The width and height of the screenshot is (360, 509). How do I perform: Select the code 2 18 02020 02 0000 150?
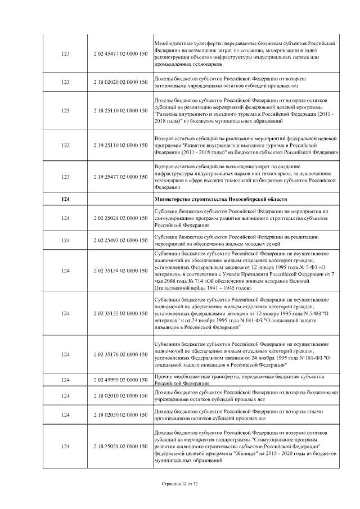click(120, 83)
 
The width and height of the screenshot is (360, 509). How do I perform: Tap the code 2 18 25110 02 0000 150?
click(120, 112)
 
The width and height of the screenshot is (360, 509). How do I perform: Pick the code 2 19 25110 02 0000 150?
click(120, 145)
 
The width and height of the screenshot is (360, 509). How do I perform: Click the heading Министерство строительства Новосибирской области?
click(220, 200)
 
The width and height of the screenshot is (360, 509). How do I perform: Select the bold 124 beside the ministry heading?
click(65, 200)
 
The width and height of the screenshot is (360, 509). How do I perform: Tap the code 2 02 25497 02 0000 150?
click(120, 240)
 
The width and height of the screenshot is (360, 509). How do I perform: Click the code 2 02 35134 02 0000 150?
click(120, 271)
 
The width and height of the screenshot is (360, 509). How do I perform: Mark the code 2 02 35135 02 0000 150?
click(120, 313)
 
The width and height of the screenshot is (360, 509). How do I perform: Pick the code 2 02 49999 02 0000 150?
click(120, 380)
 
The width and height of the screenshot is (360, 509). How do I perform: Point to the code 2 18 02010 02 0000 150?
click(120, 396)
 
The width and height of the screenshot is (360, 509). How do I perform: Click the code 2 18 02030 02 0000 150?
click(120, 415)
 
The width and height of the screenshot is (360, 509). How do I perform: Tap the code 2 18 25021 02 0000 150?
click(120, 446)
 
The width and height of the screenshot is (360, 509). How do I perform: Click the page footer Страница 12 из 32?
click(180, 483)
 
